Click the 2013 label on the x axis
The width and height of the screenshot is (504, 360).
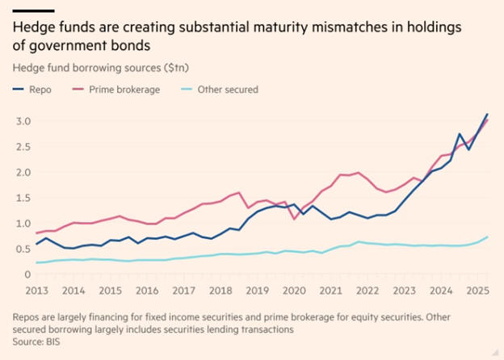pos(35,290)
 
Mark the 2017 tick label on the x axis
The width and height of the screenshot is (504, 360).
pos(185,290)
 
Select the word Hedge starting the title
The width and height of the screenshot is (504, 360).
pos(33,27)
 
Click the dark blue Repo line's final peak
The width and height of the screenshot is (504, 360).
pos(487,115)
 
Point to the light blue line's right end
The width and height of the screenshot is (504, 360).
pos(487,237)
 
